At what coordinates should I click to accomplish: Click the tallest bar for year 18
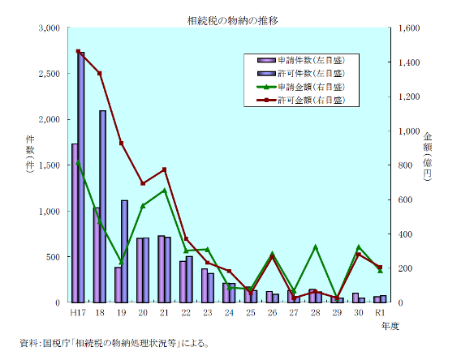[103, 206]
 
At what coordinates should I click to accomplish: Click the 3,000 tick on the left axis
[50, 28]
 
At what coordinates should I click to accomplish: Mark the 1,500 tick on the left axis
[50, 165]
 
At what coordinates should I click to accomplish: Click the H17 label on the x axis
[78, 313]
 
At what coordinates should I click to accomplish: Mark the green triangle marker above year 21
[164, 191]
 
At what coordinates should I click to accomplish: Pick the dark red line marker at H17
[78, 51]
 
